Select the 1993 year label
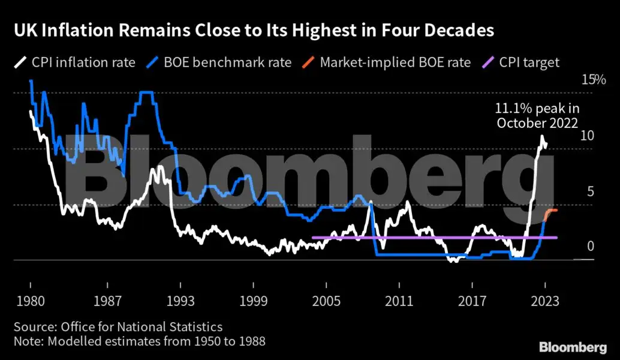pyautogui.click(x=180, y=301)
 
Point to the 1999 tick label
pyautogui.click(x=252, y=301)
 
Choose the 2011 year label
pyautogui.click(x=399, y=301)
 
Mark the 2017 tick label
pyautogui.click(x=472, y=301)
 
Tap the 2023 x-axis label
pyautogui.click(x=545, y=301)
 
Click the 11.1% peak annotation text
pyautogui.click(x=537, y=116)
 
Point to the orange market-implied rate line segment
pyautogui.click(x=551, y=212)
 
